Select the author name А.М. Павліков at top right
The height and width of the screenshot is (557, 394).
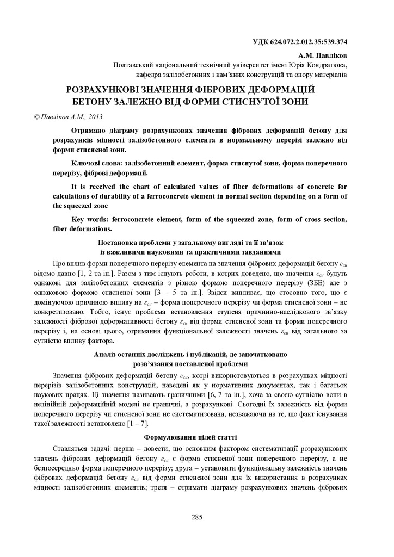(x=323, y=55)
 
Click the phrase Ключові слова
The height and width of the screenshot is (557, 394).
(x=96, y=163)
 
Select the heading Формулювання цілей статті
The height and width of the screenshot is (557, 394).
(x=190, y=437)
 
